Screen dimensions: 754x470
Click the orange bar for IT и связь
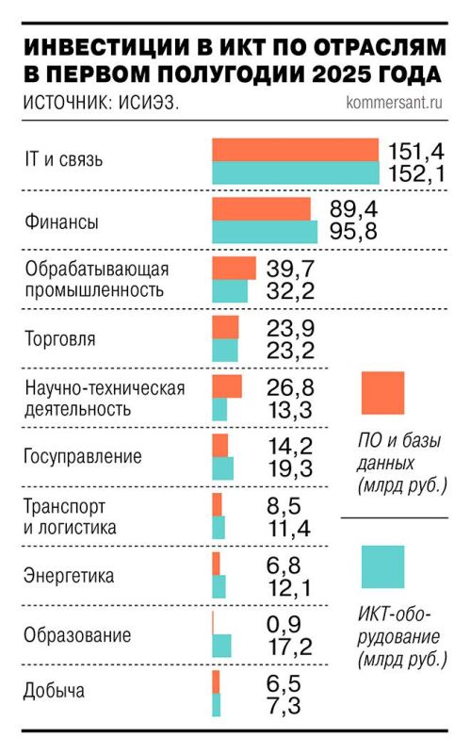(x=294, y=150)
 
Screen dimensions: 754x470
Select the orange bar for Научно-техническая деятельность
(x=227, y=386)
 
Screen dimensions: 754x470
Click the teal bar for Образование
(x=222, y=645)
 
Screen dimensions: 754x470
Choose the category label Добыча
(x=55, y=691)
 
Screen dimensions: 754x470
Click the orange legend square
(x=382, y=393)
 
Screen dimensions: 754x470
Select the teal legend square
(x=382, y=566)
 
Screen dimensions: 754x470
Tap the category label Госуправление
(x=83, y=457)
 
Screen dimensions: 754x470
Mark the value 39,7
(x=292, y=270)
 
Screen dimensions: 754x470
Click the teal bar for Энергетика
(x=219, y=586)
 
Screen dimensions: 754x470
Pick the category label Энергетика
(x=69, y=575)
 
